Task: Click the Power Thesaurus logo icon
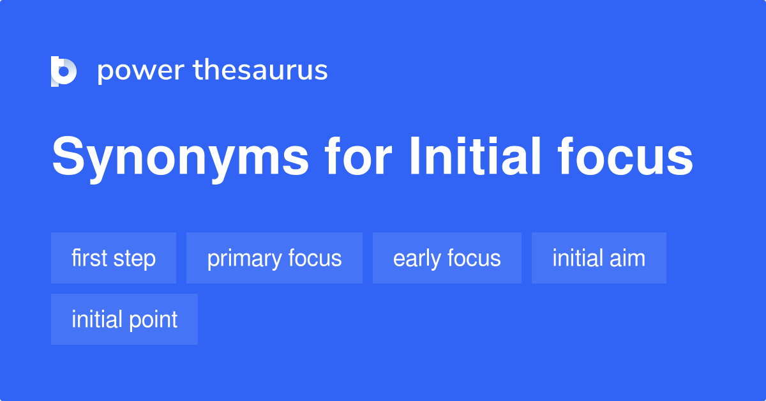(63, 71)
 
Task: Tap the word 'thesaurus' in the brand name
(260, 71)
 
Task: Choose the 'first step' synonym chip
(114, 258)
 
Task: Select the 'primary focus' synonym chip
(274, 258)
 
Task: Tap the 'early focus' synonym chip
(447, 258)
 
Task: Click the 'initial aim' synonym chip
(599, 258)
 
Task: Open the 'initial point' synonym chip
(124, 319)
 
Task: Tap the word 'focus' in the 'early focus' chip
(474, 258)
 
